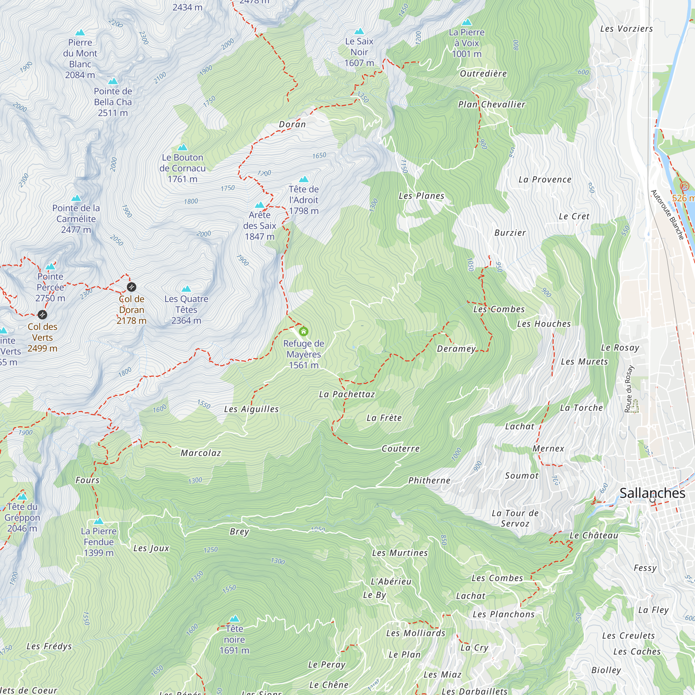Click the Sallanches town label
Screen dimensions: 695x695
coord(652,493)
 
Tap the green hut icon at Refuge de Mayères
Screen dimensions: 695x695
coord(304,331)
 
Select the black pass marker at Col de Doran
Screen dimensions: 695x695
coord(132,287)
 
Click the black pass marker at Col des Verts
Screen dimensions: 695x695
coord(42,315)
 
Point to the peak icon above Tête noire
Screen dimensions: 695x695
coord(234,619)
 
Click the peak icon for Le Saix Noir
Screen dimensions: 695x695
coord(359,32)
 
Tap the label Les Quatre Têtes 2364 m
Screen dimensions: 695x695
coord(186,309)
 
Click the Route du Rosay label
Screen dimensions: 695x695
coord(628,389)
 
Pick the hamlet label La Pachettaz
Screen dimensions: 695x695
coord(347,394)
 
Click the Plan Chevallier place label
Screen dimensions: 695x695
coord(491,105)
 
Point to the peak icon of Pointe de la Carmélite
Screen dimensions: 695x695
coord(76,198)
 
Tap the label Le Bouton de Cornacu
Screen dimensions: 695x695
coord(182,168)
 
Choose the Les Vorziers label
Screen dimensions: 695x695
coord(626,29)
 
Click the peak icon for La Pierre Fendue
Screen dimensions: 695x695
coord(99,521)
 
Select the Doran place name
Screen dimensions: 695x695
coord(292,124)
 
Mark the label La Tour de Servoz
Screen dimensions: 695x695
coord(515,518)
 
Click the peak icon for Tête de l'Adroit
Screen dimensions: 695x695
coord(304,179)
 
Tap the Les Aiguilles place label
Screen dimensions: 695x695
coord(251,409)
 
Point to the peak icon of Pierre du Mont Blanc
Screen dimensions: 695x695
coord(80,33)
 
